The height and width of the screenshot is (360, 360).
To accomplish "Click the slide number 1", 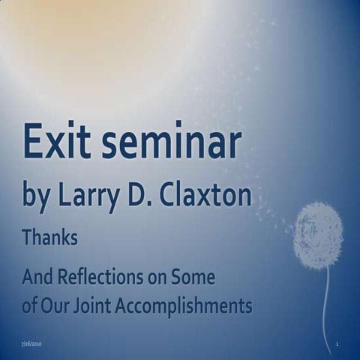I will (x=339, y=344).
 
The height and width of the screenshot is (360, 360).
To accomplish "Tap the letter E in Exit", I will (x=34, y=142).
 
